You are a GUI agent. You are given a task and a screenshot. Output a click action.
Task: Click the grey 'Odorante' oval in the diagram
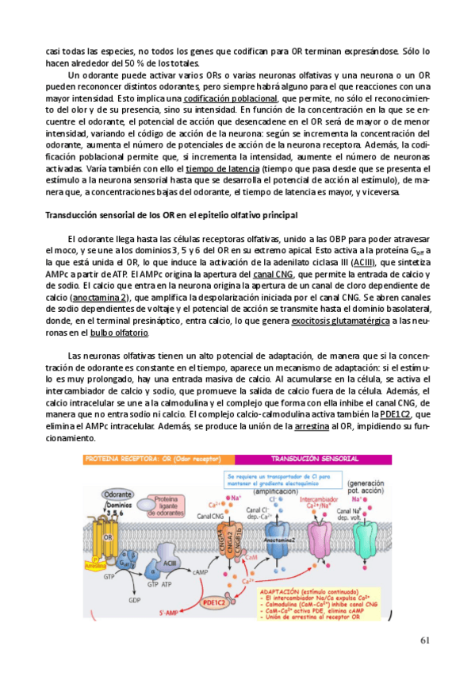[x=118, y=494]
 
